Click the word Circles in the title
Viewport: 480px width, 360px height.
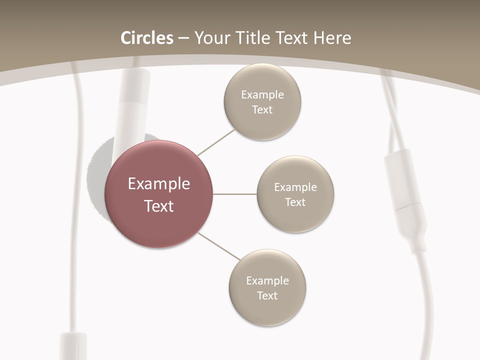click(x=146, y=38)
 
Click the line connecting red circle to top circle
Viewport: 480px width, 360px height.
click(x=216, y=142)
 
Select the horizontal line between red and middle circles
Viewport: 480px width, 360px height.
click(x=234, y=194)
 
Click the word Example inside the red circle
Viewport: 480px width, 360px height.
click(x=159, y=183)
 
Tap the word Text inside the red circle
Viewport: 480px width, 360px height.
click(x=159, y=206)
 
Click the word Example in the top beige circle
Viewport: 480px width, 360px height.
click(x=262, y=94)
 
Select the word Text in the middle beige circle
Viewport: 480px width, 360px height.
click(x=295, y=202)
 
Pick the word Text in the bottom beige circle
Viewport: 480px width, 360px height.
click(x=267, y=295)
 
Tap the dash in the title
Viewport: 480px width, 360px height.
click(x=183, y=38)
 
